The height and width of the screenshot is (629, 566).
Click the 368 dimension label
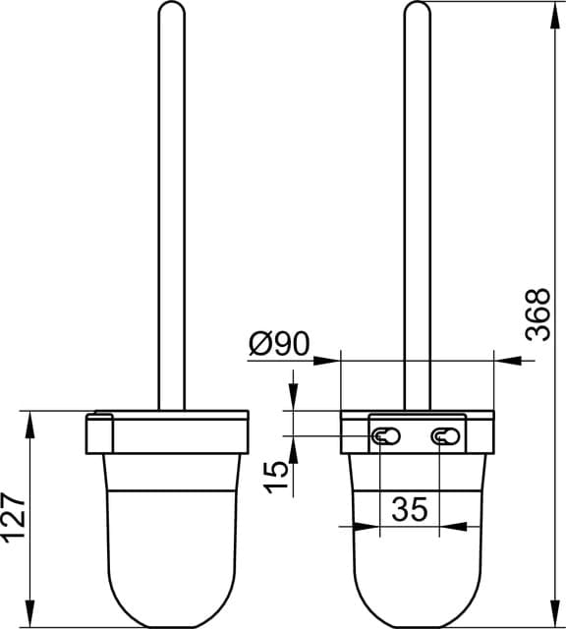pos(538,314)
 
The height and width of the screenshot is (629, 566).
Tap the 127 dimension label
pos(14,518)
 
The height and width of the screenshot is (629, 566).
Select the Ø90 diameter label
pos(279,343)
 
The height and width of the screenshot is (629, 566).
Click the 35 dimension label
pos(410,509)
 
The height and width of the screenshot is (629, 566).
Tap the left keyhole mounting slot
pos(386,436)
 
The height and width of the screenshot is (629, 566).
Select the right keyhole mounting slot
pos(446,436)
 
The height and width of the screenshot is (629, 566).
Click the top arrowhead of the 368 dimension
pos(555,16)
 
